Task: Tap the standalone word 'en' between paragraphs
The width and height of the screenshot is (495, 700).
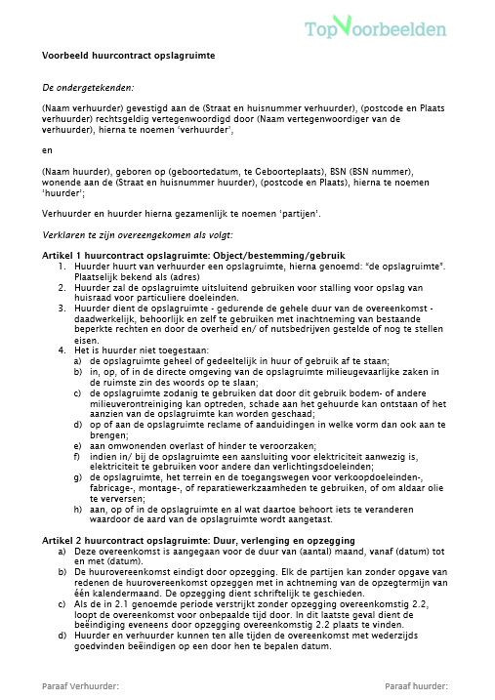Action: point(47,150)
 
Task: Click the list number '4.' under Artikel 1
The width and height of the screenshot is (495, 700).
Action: point(61,350)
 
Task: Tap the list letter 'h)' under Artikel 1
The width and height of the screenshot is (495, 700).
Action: point(78,509)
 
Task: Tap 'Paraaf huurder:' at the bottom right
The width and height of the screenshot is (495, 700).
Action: point(418,686)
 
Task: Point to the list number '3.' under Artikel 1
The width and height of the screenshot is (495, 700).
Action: point(61,308)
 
